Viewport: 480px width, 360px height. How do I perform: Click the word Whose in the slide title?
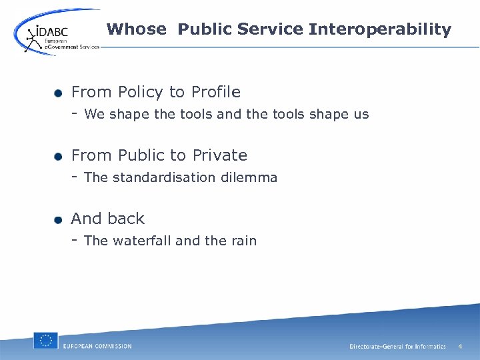pos(136,29)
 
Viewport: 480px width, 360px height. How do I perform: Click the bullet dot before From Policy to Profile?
pos(59,93)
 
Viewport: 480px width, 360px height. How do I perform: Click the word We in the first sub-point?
pos(95,115)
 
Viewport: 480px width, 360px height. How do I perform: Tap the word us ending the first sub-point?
pos(361,115)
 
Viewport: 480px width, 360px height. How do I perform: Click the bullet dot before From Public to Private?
pos(59,156)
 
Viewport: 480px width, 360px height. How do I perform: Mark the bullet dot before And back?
pos(59,219)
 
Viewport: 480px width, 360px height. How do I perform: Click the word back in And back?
pos(126,219)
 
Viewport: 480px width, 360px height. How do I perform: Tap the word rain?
pos(243,241)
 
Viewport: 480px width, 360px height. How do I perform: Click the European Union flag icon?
pos(45,340)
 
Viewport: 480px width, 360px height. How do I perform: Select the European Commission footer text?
pos(97,346)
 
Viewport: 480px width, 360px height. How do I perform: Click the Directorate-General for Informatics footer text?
pos(397,347)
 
